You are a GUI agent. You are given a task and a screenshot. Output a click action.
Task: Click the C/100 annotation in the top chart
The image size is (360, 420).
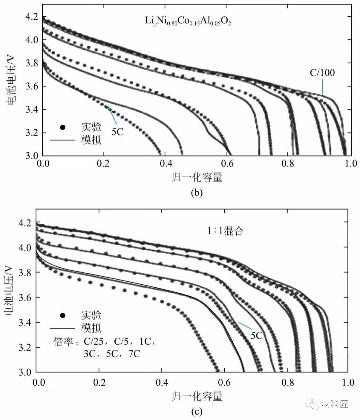[x=322, y=73]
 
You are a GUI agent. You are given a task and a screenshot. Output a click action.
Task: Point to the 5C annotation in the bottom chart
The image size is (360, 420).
[x=257, y=335]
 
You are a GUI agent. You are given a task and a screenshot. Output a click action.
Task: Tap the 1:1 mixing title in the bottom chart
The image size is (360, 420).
[x=225, y=231]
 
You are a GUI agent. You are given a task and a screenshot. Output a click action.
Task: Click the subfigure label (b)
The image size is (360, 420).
[x=197, y=193]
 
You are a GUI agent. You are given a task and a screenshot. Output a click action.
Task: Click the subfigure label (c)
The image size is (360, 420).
[x=197, y=412]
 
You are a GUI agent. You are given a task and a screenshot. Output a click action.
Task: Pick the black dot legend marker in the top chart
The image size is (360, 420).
[x=62, y=127]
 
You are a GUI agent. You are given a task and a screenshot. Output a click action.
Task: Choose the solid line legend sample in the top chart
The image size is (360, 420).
[x=63, y=140]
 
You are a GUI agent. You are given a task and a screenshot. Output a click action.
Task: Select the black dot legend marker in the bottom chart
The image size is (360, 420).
[x=62, y=316]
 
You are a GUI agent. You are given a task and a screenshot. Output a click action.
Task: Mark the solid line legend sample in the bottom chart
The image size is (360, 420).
[x=63, y=328]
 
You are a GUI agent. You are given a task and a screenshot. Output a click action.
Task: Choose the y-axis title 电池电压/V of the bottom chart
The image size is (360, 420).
[x=9, y=290]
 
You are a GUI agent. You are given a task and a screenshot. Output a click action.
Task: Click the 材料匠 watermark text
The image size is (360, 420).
[x=335, y=404]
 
